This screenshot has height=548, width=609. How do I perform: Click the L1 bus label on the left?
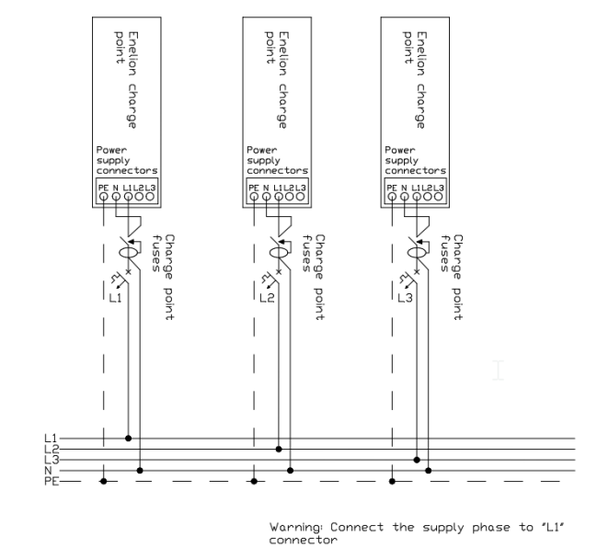click(51, 439)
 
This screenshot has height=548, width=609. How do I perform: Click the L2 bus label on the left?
click(52, 449)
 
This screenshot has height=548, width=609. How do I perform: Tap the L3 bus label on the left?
click(52, 460)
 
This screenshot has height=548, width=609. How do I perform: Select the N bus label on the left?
click(48, 471)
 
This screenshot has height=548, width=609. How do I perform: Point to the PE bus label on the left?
click(52, 481)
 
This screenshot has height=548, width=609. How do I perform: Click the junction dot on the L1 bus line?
click(128, 439)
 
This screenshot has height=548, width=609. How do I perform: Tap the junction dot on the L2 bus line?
click(279, 449)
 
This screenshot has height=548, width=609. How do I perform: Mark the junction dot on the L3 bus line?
click(417, 460)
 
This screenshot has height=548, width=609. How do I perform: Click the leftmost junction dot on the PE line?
click(103, 481)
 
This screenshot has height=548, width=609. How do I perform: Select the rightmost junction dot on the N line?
click(429, 471)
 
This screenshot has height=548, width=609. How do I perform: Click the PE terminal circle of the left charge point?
click(103, 197)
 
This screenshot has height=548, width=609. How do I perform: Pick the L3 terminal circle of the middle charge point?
click(300, 197)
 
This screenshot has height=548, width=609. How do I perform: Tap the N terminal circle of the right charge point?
click(405, 197)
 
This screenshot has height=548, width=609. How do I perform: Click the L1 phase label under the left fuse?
click(115, 298)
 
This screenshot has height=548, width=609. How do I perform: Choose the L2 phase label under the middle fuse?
click(267, 298)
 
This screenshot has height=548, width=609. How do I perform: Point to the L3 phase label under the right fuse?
click(405, 298)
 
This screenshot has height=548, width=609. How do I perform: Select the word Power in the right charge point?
click(400, 150)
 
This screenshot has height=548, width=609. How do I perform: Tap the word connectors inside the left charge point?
click(127, 171)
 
